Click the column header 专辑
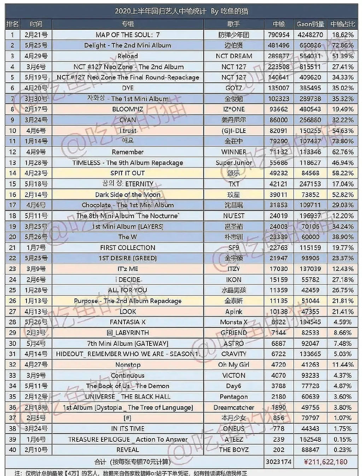pos(128,24)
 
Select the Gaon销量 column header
pos(310,24)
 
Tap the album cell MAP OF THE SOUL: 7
pos(128,35)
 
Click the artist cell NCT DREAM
pos(234,56)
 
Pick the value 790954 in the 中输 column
pos(279,35)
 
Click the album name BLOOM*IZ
pos(128,109)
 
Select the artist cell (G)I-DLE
pos(234,130)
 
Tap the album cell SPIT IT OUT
pos(128,173)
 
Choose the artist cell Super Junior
pos(234,163)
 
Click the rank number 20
pos(12,237)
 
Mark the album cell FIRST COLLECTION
pos(128,248)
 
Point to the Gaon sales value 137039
pos(310,269)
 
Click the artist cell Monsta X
pos(234,322)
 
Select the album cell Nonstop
pos(128,365)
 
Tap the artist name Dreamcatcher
pos(234,407)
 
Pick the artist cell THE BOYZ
pos(234,450)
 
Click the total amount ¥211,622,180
pos(326,462)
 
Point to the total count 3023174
pos(279,462)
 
